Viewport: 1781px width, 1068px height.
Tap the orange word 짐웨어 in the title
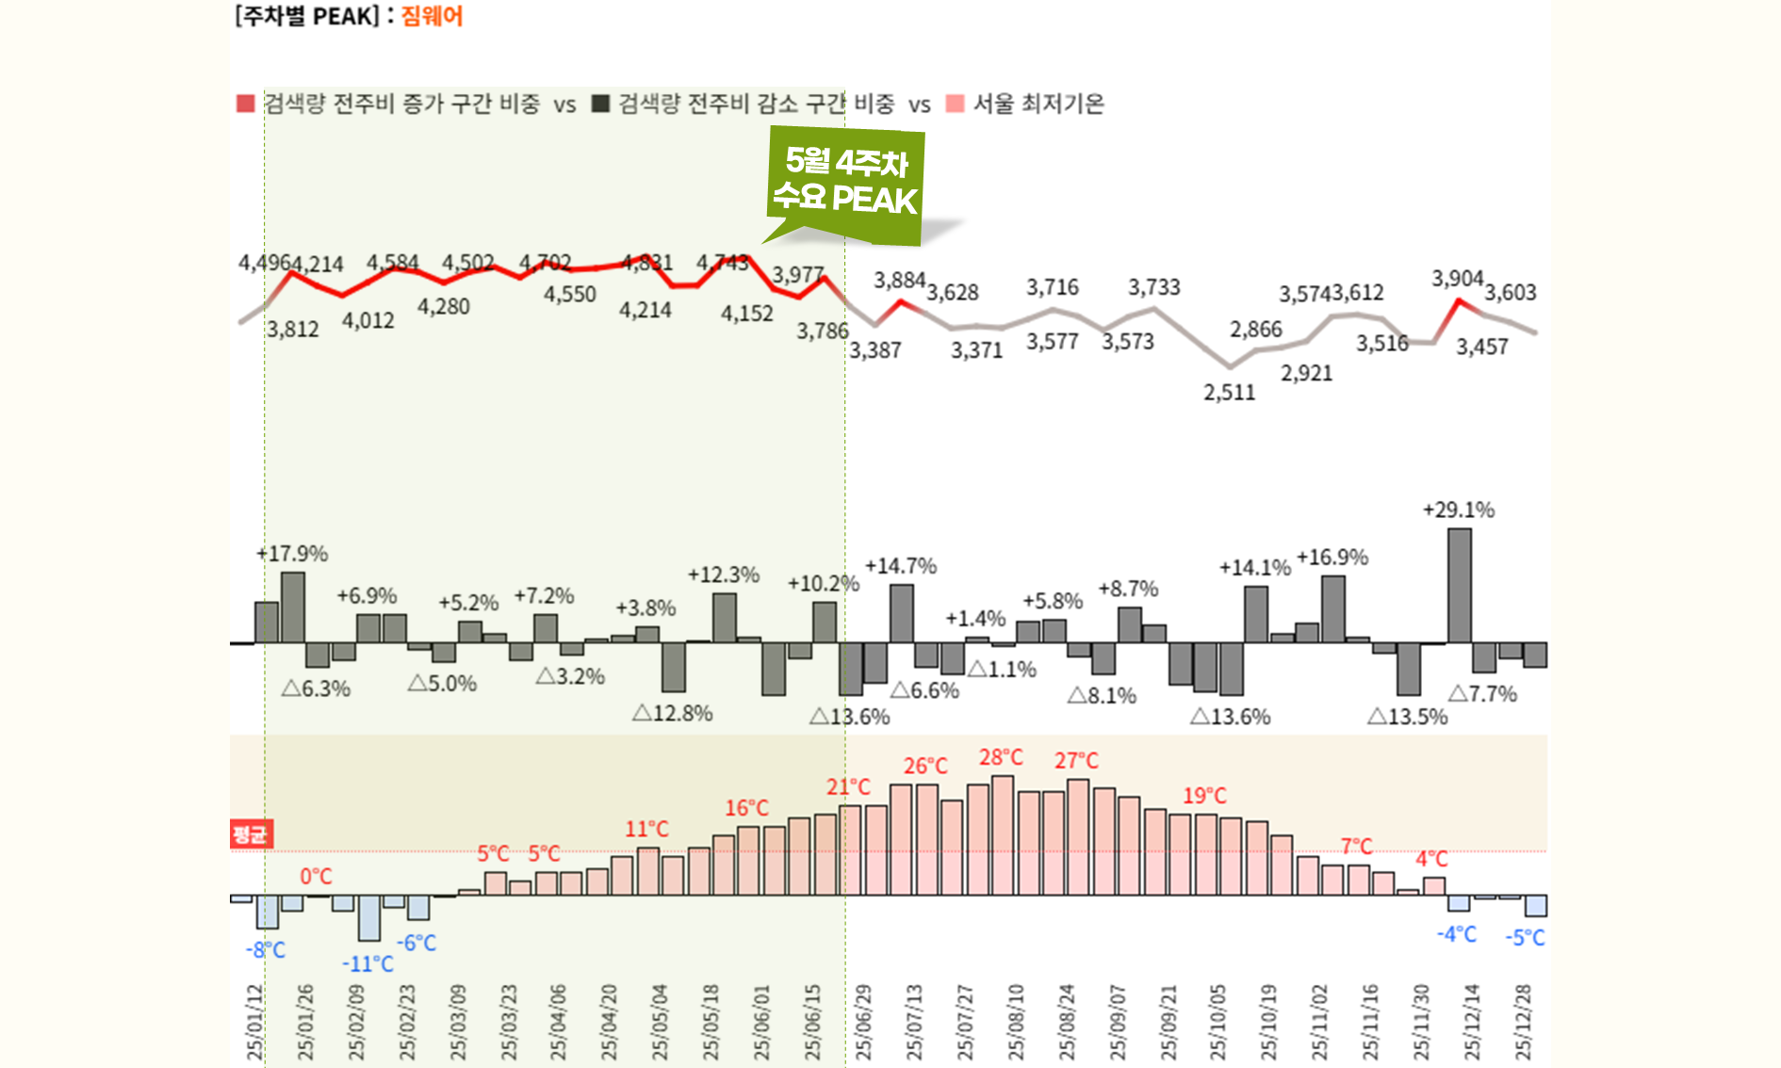pyautogui.click(x=432, y=16)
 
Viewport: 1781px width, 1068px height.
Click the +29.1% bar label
pyautogui.click(x=1458, y=510)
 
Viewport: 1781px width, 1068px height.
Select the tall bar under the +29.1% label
pyautogui.click(x=1460, y=585)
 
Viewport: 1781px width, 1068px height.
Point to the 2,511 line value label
pyautogui.click(x=1229, y=393)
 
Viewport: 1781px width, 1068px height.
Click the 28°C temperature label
pyautogui.click(x=1001, y=758)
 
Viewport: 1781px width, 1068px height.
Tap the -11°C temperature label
pyautogui.click(x=368, y=964)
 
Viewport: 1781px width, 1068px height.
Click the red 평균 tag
pyautogui.click(x=251, y=834)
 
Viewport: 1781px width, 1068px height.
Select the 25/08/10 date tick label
pyautogui.click(x=1016, y=1022)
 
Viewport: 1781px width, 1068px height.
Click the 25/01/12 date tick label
pyautogui.click(x=254, y=1022)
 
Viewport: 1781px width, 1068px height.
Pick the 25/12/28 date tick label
pyautogui.click(x=1523, y=1022)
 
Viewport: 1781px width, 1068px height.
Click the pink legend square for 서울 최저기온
pyautogui.click(x=955, y=104)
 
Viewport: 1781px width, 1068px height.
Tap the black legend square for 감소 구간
pyautogui.click(x=600, y=104)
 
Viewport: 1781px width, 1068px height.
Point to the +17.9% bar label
pyautogui.click(x=292, y=554)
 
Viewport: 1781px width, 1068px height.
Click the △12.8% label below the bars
pyautogui.click(x=672, y=714)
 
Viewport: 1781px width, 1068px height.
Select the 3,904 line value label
pyautogui.click(x=1457, y=279)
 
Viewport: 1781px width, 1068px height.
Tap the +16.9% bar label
pyautogui.click(x=1332, y=558)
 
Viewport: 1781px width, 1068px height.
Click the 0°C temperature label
pyautogui.click(x=316, y=877)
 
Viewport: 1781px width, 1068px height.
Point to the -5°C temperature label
pyautogui.click(x=1525, y=938)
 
